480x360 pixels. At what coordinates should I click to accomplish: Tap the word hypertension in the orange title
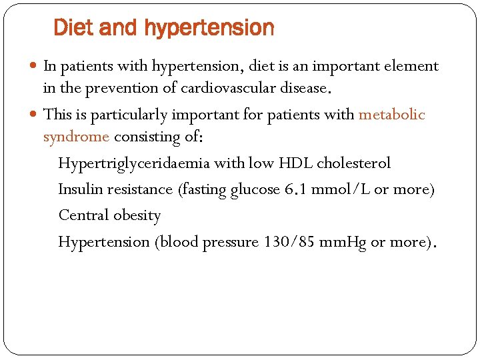tap(209, 28)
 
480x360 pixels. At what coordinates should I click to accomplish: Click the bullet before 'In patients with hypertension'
tap(35, 66)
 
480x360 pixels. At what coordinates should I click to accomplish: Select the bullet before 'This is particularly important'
tap(35, 115)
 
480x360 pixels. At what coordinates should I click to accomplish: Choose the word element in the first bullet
tap(409, 66)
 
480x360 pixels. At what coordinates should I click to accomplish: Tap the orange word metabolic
tap(391, 115)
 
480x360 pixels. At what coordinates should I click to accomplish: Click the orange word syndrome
tap(76, 137)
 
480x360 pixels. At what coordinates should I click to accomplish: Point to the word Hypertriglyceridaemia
tap(134, 163)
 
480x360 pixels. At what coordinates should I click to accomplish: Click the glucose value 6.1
tap(295, 189)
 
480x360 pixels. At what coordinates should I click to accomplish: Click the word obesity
tap(137, 215)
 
